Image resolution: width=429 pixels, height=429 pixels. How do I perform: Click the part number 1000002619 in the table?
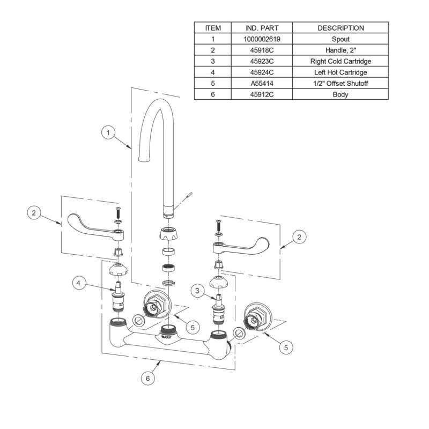[x=261, y=39]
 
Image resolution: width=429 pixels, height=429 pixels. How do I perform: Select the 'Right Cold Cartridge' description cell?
[x=341, y=61]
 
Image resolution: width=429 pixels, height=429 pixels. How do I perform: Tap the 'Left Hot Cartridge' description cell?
[x=341, y=72]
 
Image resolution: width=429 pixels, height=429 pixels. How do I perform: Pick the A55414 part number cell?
[x=261, y=84]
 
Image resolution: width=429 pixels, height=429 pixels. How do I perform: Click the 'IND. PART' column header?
[x=261, y=28]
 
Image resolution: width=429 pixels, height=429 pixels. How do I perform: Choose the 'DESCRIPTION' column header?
[x=341, y=28]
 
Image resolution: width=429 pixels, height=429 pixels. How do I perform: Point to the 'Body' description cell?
[x=341, y=95]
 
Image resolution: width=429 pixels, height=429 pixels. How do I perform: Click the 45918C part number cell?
[x=261, y=50]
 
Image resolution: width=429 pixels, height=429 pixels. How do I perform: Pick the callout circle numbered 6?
[x=149, y=378]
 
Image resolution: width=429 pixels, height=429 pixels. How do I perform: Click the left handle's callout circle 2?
[x=34, y=213]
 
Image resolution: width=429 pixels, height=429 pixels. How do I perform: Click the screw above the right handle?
[x=218, y=224]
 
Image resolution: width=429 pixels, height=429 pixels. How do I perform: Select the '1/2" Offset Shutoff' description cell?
[x=341, y=84]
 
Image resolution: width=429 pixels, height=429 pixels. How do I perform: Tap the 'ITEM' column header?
[x=212, y=28]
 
